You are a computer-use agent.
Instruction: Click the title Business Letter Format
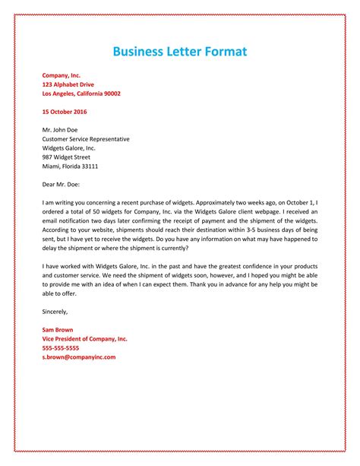tap(180, 52)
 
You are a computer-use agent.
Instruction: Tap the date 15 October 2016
tap(65, 112)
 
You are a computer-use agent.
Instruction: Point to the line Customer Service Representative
tap(86, 139)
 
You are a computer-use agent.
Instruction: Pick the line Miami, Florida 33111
tap(70, 166)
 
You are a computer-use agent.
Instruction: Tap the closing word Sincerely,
tap(55, 312)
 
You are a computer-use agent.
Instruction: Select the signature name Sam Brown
tap(58, 330)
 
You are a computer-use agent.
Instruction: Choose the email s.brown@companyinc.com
tap(79, 357)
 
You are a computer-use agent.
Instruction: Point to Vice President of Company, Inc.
tap(85, 338)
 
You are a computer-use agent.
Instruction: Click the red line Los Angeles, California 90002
tap(81, 94)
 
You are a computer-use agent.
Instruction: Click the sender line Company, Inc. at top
tap(62, 76)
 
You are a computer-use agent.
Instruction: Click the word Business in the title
tap(142, 52)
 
